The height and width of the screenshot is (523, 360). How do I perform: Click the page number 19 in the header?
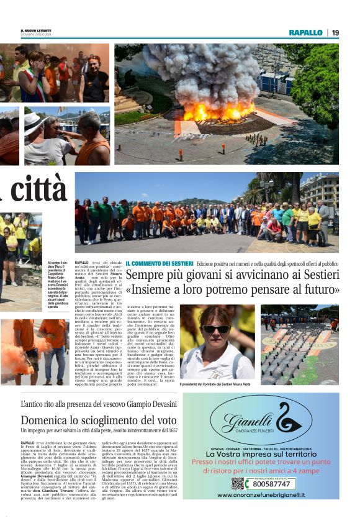pyautogui.click(x=335, y=32)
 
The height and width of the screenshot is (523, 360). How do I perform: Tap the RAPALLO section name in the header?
pyautogui.click(x=305, y=32)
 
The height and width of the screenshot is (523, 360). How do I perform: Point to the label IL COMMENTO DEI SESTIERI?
pyautogui.click(x=160, y=264)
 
